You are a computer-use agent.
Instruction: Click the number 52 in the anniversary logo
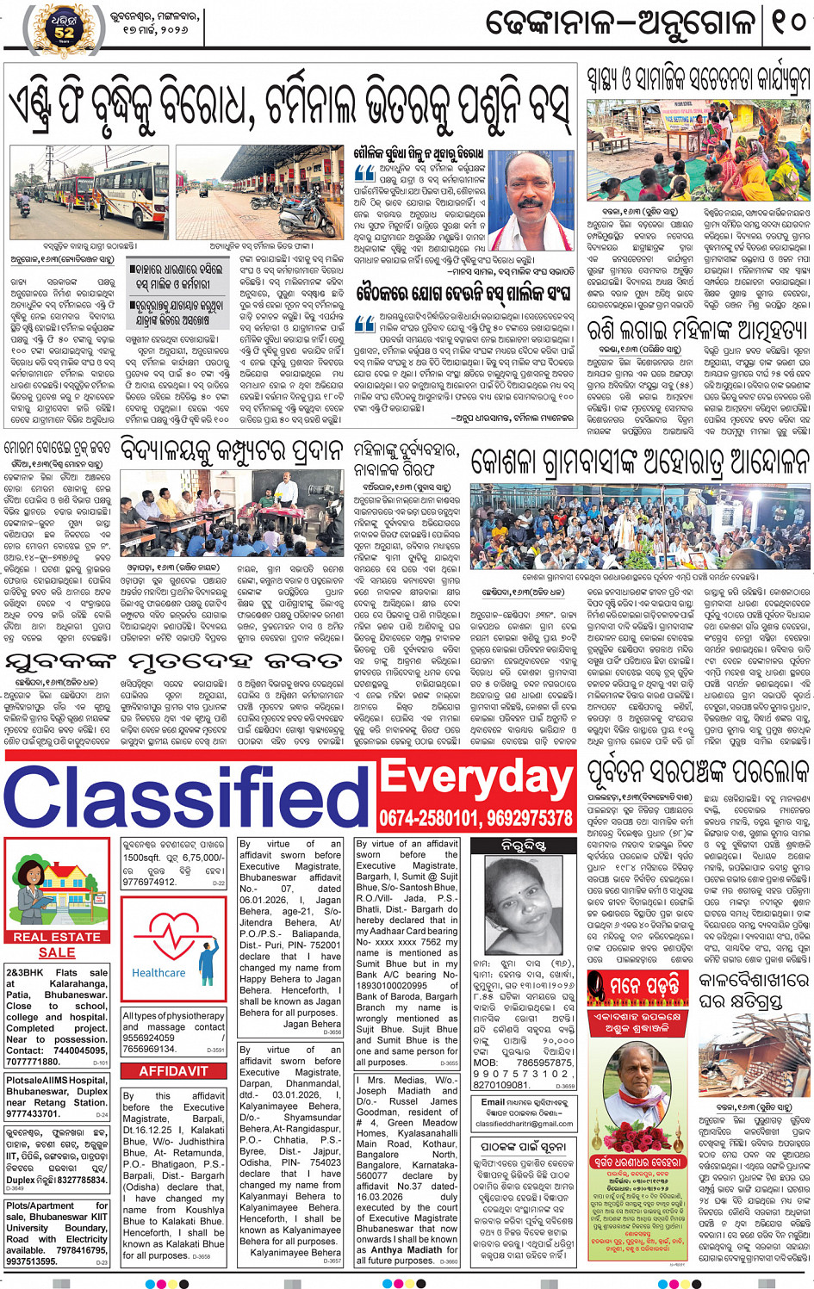65,33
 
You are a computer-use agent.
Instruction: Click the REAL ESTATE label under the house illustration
57,937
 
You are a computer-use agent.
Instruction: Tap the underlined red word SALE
57,952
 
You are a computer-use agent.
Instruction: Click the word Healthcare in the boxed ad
158,972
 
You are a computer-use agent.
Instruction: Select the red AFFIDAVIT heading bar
173,1071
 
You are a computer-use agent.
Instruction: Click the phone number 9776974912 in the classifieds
149,883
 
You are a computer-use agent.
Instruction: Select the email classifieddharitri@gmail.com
524,1124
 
